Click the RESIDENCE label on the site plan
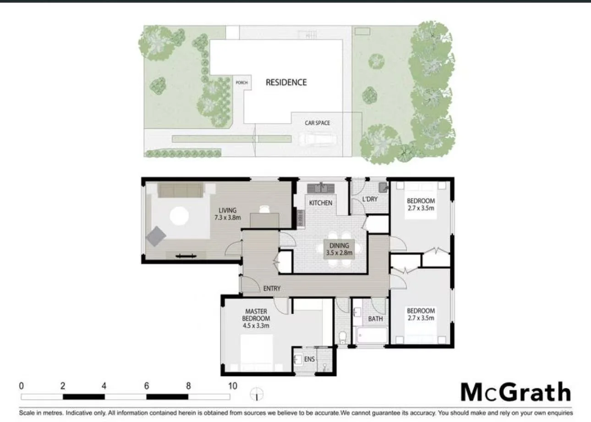point(286,83)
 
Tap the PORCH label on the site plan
point(241,83)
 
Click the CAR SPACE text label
point(317,123)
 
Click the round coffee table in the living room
point(179,216)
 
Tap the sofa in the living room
point(181,190)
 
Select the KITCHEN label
point(320,203)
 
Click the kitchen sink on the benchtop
point(322,187)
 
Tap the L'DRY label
point(370,200)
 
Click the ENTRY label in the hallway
point(272,289)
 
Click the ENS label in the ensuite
point(310,359)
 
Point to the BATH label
point(375,318)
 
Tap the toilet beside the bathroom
point(342,338)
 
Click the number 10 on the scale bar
point(233,386)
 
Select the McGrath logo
point(516,393)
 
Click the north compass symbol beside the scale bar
point(257,394)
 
